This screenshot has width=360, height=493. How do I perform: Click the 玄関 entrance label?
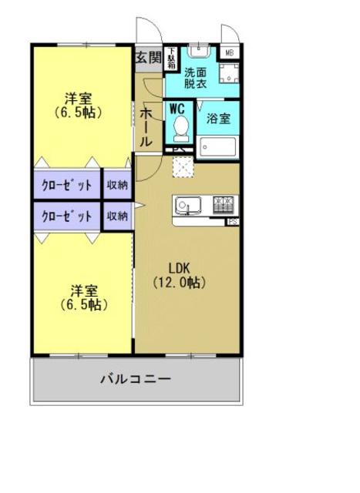click(148, 57)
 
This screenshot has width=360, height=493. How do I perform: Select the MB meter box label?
click(230, 52)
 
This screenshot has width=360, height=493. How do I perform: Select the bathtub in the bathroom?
click(219, 146)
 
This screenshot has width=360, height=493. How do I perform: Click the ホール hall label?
click(145, 127)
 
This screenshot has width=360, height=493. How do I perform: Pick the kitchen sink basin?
click(187, 205)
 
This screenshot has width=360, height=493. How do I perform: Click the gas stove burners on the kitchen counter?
click(224, 204)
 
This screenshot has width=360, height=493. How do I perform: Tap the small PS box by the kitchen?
click(232, 223)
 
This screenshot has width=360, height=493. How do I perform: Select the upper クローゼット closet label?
click(66, 185)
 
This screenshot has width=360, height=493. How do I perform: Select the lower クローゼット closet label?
click(66, 216)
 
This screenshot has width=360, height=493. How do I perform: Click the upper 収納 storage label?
click(117, 185)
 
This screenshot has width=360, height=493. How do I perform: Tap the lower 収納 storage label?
click(117, 216)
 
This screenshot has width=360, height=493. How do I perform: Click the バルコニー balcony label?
click(136, 379)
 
